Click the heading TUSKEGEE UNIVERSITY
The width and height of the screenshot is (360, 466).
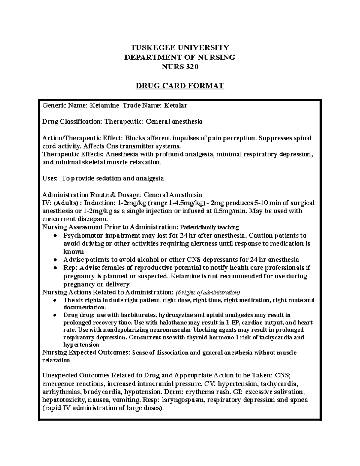[180, 47]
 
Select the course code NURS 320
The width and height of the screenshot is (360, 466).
[180, 67]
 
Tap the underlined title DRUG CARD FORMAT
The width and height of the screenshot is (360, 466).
[180, 86]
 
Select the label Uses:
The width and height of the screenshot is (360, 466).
[50, 178]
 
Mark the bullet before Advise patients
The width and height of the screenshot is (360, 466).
[55, 260]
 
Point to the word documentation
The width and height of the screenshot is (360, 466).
[84, 308]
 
